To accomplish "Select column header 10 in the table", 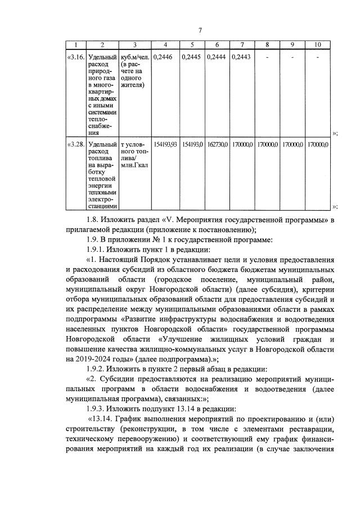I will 317,44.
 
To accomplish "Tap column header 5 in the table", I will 192,44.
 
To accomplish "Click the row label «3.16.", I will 76,57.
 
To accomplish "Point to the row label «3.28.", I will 76,144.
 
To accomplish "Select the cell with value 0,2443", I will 241,57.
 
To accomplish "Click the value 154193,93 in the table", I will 165,144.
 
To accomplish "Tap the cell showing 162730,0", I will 217,144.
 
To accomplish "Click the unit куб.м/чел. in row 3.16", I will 133,57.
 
